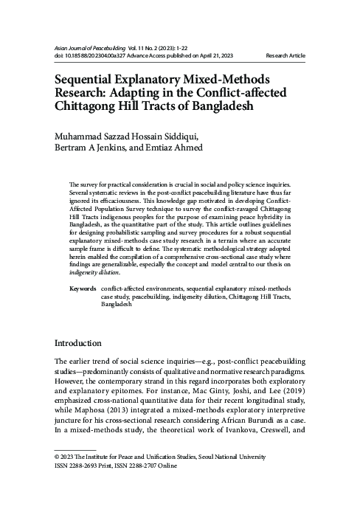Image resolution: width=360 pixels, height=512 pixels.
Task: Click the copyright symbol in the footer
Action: [59, 457]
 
